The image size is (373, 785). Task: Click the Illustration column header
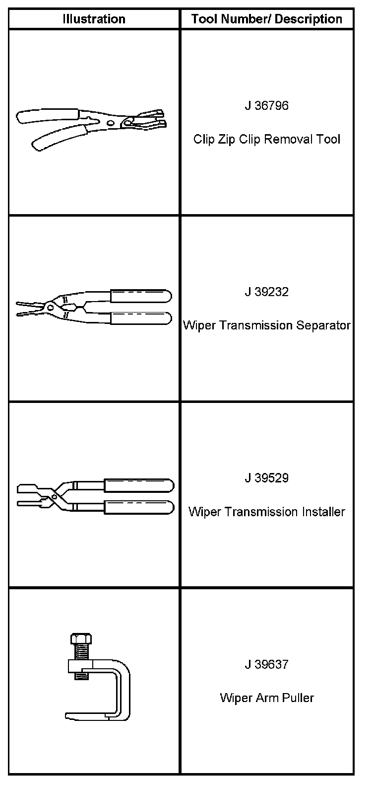click(x=94, y=19)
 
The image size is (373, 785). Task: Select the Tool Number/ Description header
click(x=267, y=19)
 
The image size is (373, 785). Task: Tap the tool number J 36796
click(x=266, y=106)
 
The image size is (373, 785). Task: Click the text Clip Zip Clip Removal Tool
click(x=267, y=139)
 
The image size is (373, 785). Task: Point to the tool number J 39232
click(x=266, y=292)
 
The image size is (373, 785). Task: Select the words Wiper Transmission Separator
click(x=267, y=325)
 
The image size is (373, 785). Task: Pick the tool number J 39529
click(x=266, y=478)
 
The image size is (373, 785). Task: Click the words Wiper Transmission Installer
click(x=267, y=512)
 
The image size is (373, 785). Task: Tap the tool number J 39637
click(x=266, y=664)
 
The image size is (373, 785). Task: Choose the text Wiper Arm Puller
click(x=267, y=698)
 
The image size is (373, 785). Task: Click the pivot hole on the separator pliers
click(x=51, y=307)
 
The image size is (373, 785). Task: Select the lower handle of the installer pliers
click(x=138, y=507)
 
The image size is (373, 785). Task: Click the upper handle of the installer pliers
click(x=138, y=485)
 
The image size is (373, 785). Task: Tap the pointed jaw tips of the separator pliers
click(x=22, y=309)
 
